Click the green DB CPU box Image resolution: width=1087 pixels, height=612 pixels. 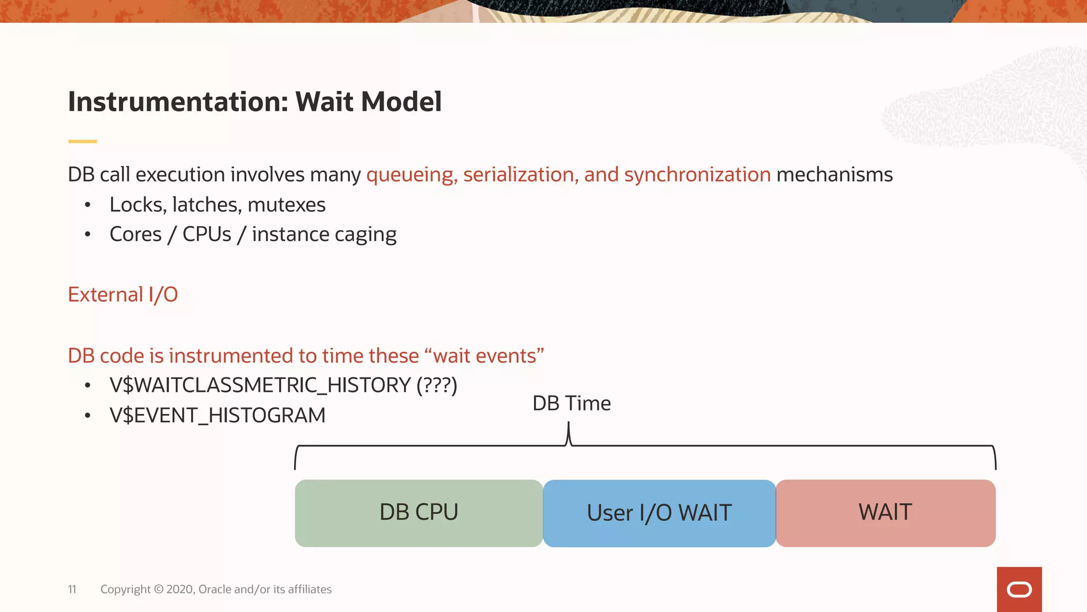click(419, 513)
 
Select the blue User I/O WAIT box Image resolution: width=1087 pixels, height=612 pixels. click(659, 513)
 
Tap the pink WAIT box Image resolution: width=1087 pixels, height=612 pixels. click(885, 513)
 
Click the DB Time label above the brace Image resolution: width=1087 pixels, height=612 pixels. click(571, 404)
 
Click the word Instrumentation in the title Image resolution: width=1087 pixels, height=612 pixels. click(178, 102)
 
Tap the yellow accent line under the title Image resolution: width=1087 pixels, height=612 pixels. click(82, 141)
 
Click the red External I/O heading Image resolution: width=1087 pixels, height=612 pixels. click(123, 295)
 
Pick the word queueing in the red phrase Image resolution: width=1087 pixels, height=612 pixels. click(411, 175)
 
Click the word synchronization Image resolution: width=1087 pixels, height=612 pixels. click(697, 175)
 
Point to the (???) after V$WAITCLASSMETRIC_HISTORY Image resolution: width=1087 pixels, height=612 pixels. click(437, 385)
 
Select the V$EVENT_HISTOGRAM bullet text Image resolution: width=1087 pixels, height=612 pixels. click(217, 415)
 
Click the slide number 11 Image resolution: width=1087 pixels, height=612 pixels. click(72, 589)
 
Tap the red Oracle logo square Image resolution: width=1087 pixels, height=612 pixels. click(1019, 589)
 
